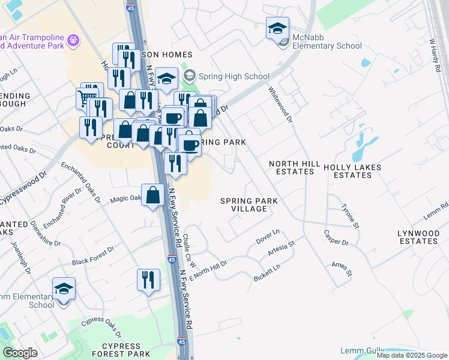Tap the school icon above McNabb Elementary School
click(x=278, y=28)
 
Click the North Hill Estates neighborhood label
click(x=292, y=167)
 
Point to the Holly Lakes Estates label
click(x=352, y=171)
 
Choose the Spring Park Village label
click(x=243, y=205)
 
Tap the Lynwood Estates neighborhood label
click(x=418, y=237)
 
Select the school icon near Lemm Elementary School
click(x=64, y=289)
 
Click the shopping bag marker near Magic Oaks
click(x=153, y=195)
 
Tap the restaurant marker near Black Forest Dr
click(x=148, y=280)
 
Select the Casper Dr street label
click(x=336, y=238)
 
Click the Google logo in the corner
click(x=20, y=352)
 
